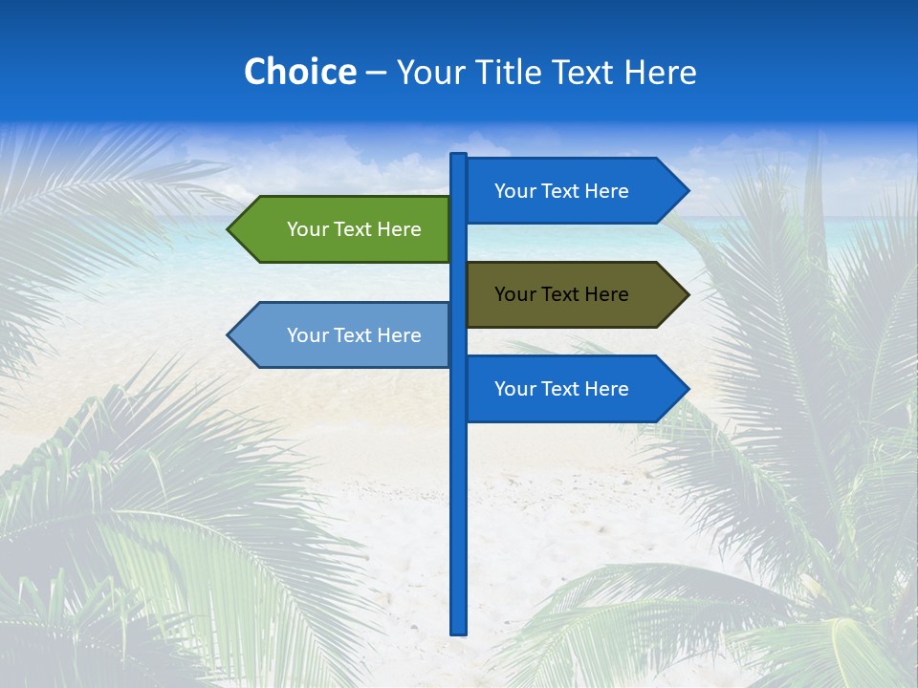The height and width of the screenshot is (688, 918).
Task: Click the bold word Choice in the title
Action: (x=299, y=72)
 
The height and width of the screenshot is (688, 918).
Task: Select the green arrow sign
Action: (x=340, y=229)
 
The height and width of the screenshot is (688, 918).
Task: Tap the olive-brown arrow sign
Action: (x=574, y=294)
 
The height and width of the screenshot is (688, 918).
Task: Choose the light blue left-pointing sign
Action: (x=340, y=335)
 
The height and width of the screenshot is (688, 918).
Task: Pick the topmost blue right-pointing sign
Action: (x=574, y=191)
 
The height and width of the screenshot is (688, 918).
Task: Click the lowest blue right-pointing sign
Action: (x=574, y=389)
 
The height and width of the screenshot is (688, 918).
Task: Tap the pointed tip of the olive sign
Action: (x=687, y=294)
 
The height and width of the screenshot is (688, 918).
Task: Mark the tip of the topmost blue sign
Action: (x=687, y=191)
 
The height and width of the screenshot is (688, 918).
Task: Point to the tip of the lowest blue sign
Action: (x=687, y=389)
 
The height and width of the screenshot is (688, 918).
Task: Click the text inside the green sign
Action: (x=354, y=229)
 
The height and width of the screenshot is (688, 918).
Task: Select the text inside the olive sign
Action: (x=561, y=294)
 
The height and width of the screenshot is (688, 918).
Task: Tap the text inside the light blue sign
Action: (x=354, y=335)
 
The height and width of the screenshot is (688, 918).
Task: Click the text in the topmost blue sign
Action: (x=561, y=191)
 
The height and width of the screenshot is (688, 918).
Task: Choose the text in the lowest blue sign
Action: (x=561, y=389)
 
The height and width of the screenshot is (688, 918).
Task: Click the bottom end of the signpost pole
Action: (x=459, y=630)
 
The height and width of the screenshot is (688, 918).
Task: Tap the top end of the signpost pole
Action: (x=459, y=157)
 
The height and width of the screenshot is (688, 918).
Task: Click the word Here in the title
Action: (x=661, y=72)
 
